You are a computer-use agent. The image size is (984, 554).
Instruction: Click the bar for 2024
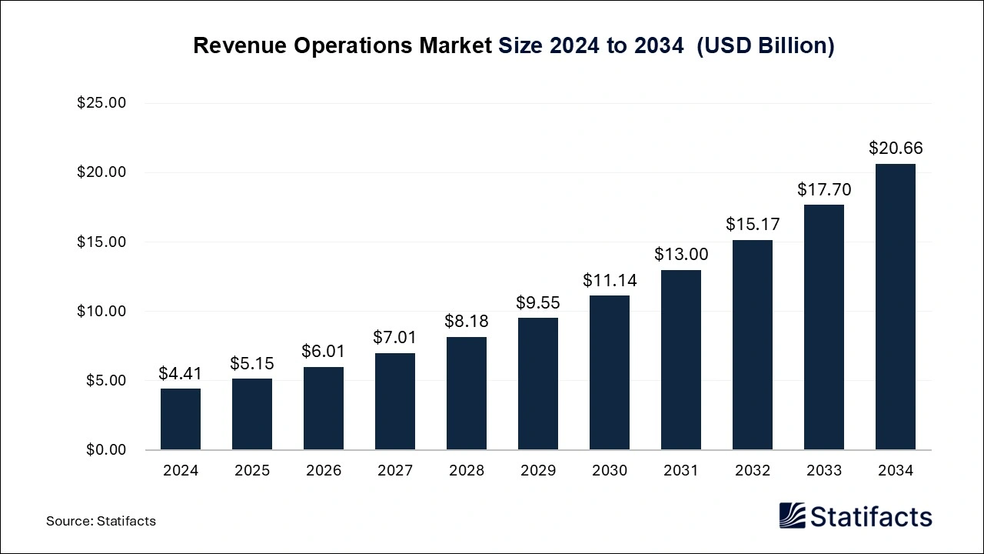181,419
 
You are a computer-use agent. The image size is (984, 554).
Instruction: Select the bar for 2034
896,307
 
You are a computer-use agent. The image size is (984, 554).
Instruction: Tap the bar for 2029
538,384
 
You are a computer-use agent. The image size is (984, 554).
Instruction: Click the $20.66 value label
896,149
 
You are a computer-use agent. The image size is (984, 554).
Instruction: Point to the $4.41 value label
180,373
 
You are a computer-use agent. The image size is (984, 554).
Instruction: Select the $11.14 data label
610,280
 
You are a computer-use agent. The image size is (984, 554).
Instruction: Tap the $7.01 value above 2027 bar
395,337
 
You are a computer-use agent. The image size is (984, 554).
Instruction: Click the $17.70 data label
824,189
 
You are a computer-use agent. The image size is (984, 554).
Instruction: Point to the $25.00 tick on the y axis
101,103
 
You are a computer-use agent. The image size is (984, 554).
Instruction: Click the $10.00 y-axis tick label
101,311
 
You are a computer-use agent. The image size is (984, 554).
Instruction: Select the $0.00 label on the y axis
106,449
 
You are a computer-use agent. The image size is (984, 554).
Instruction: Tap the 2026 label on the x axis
324,470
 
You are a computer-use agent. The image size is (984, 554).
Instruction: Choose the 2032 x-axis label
753,470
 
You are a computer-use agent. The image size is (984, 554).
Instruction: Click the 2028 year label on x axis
467,470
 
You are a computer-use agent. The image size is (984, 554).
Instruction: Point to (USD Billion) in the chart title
766,45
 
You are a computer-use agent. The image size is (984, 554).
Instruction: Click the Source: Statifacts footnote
101,521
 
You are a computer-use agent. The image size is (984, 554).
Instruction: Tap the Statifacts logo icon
792,516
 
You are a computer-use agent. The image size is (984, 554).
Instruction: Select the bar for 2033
824,327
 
